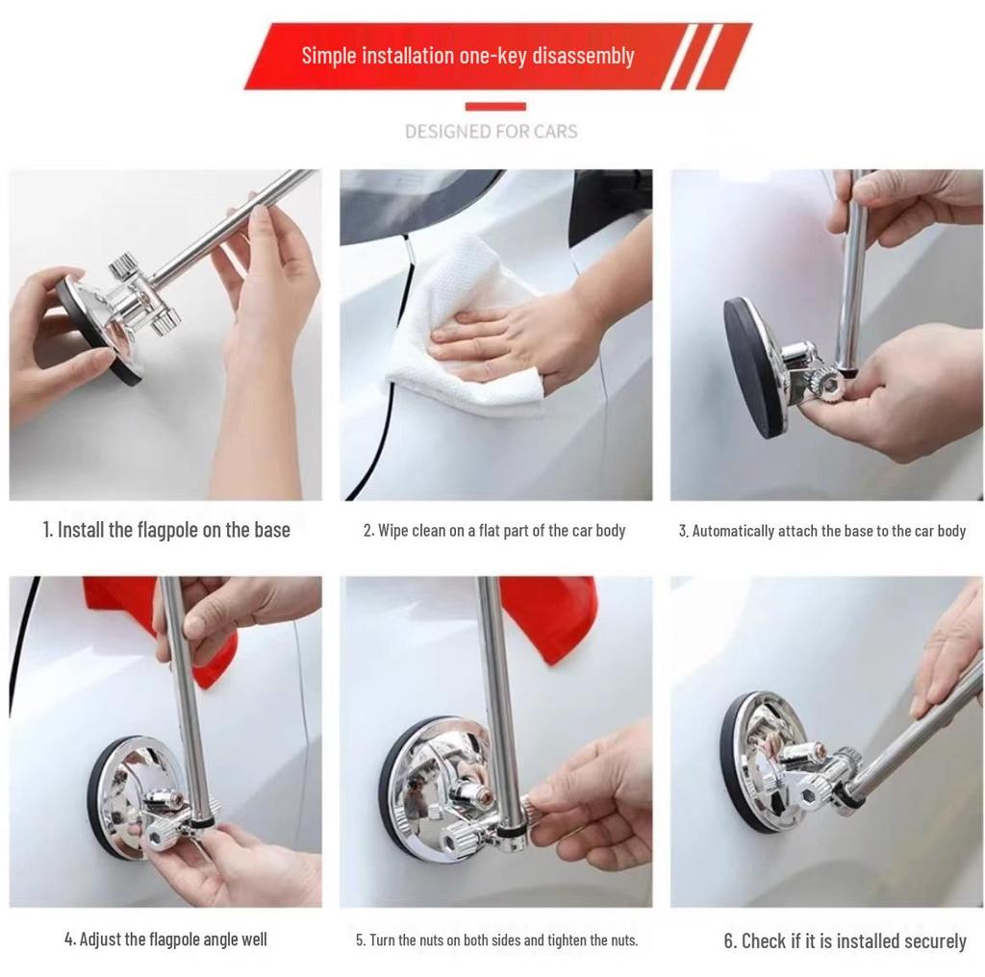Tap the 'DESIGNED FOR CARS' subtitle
click(x=492, y=131)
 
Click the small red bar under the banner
click(x=495, y=107)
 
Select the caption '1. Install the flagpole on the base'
click(x=166, y=530)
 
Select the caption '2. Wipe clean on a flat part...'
click(x=494, y=531)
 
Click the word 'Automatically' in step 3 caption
click(x=730, y=531)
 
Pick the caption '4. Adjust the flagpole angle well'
click(x=165, y=939)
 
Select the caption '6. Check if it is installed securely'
click(x=845, y=940)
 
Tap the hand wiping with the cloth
click(x=519, y=341)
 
